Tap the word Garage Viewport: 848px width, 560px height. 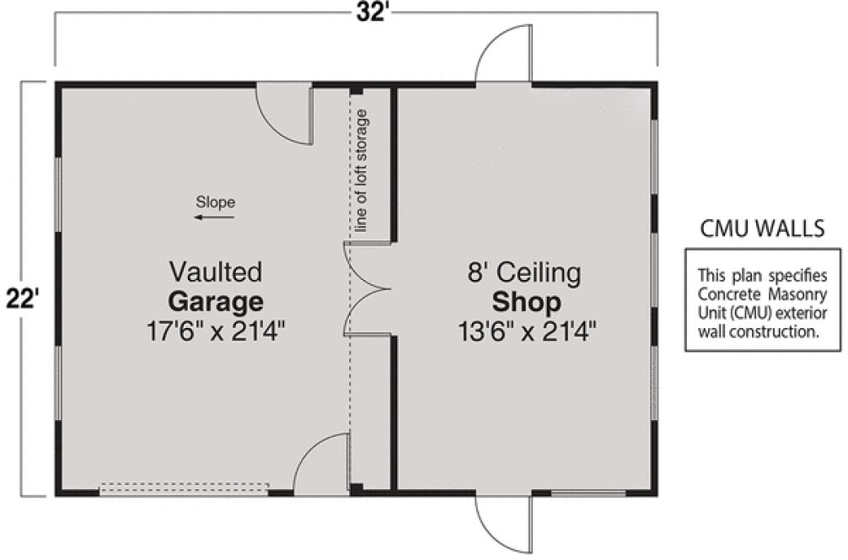coord(215,301)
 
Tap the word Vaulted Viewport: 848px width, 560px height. coord(215,272)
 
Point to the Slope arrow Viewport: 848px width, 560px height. coord(214,218)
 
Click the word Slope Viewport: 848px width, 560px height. coord(215,202)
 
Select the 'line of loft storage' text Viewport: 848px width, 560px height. coord(362,170)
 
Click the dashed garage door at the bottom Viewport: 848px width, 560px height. coord(185,488)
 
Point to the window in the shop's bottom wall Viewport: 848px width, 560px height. coord(588,492)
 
